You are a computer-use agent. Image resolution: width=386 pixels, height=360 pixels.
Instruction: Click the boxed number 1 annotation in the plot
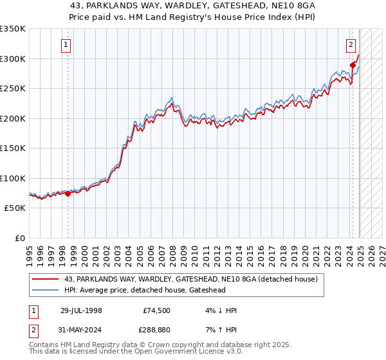pyautogui.click(x=68, y=45)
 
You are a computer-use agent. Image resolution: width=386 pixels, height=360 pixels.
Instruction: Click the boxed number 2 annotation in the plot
pyautogui.click(x=351, y=45)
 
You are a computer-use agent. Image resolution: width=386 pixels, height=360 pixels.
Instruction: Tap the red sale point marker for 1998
pyautogui.click(x=68, y=194)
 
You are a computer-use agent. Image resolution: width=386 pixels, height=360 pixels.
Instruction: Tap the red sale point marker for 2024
pyautogui.click(x=353, y=65)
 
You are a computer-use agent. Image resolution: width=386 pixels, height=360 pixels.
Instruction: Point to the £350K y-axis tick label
pyautogui.click(x=13, y=29)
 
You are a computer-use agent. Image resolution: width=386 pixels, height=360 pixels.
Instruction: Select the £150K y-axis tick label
pyautogui.click(x=13, y=148)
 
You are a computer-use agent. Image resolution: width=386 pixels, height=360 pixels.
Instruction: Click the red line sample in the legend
pyautogui.click(x=45, y=280)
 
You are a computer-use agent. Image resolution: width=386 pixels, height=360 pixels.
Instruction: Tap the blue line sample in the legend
pyautogui.click(x=45, y=291)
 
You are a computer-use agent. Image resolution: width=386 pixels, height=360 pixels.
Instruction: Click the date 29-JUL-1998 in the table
pyautogui.click(x=81, y=310)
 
